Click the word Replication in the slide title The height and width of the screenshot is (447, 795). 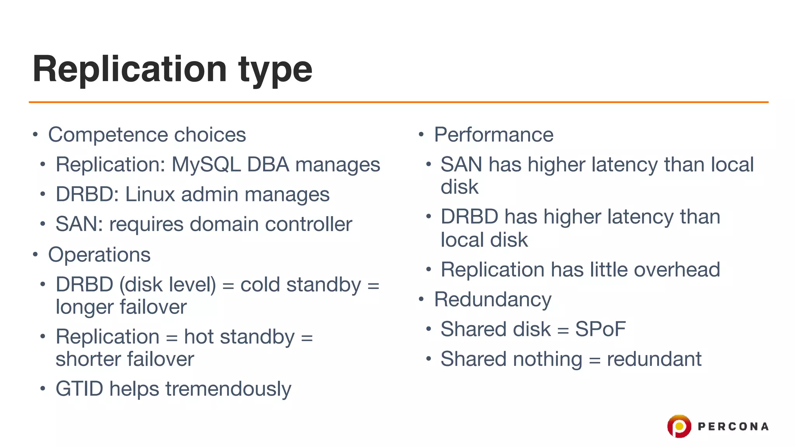coord(130,69)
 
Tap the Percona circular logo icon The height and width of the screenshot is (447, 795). coord(679,426)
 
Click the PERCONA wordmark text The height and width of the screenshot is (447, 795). coord(733,426)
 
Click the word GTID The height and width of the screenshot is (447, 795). coord(79,388)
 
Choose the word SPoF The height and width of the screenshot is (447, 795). coord(600,329)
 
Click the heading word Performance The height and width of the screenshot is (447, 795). coord(493,135)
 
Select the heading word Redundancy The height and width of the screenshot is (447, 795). coord(492,300)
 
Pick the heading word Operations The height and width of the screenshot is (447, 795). coord(99,255)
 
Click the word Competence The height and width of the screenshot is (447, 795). coord(108,135)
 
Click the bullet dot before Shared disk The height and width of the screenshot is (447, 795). coord(429,329)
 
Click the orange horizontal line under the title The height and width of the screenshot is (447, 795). coord(398,102)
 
